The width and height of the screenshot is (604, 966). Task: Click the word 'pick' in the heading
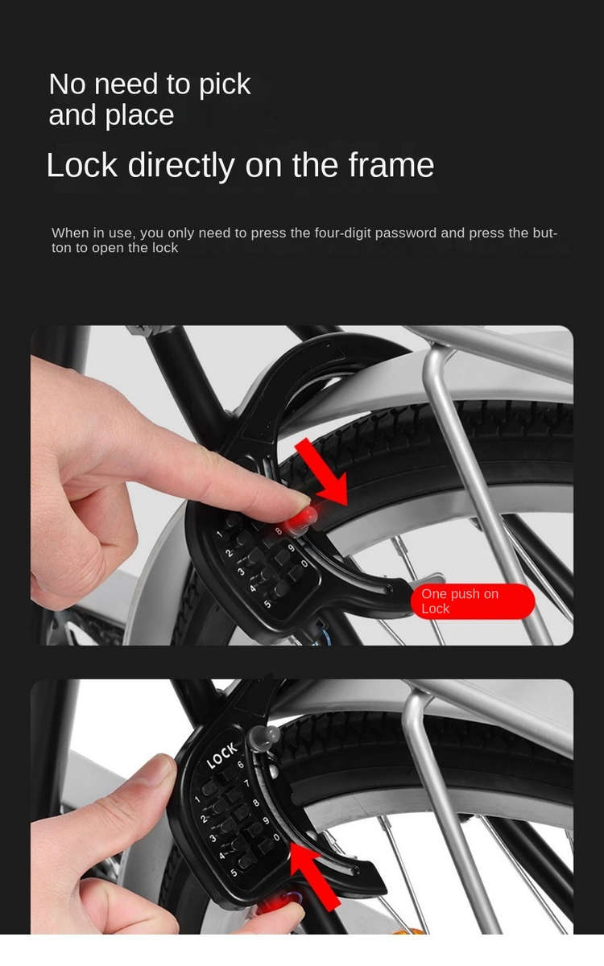[x=225, y=85]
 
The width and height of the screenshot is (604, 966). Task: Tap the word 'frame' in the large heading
[x=391, y=165]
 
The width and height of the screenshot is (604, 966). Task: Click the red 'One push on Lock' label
[x=473, y=601]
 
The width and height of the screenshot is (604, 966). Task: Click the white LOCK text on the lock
[x=221, y=756]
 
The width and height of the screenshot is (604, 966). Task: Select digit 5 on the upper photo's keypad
[x=267, y=605]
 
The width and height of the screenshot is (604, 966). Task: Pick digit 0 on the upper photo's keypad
[x=304, y=563]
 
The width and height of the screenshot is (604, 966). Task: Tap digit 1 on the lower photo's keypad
[x=197, y=799]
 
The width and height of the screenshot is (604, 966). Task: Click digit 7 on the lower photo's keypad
[x=246, y=782]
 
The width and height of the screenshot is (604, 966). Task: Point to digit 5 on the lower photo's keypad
[x=234, y=873]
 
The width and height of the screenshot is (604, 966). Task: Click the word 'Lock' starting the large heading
[x=82, y=165]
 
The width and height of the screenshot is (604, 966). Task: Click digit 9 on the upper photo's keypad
[x=291, y=548]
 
